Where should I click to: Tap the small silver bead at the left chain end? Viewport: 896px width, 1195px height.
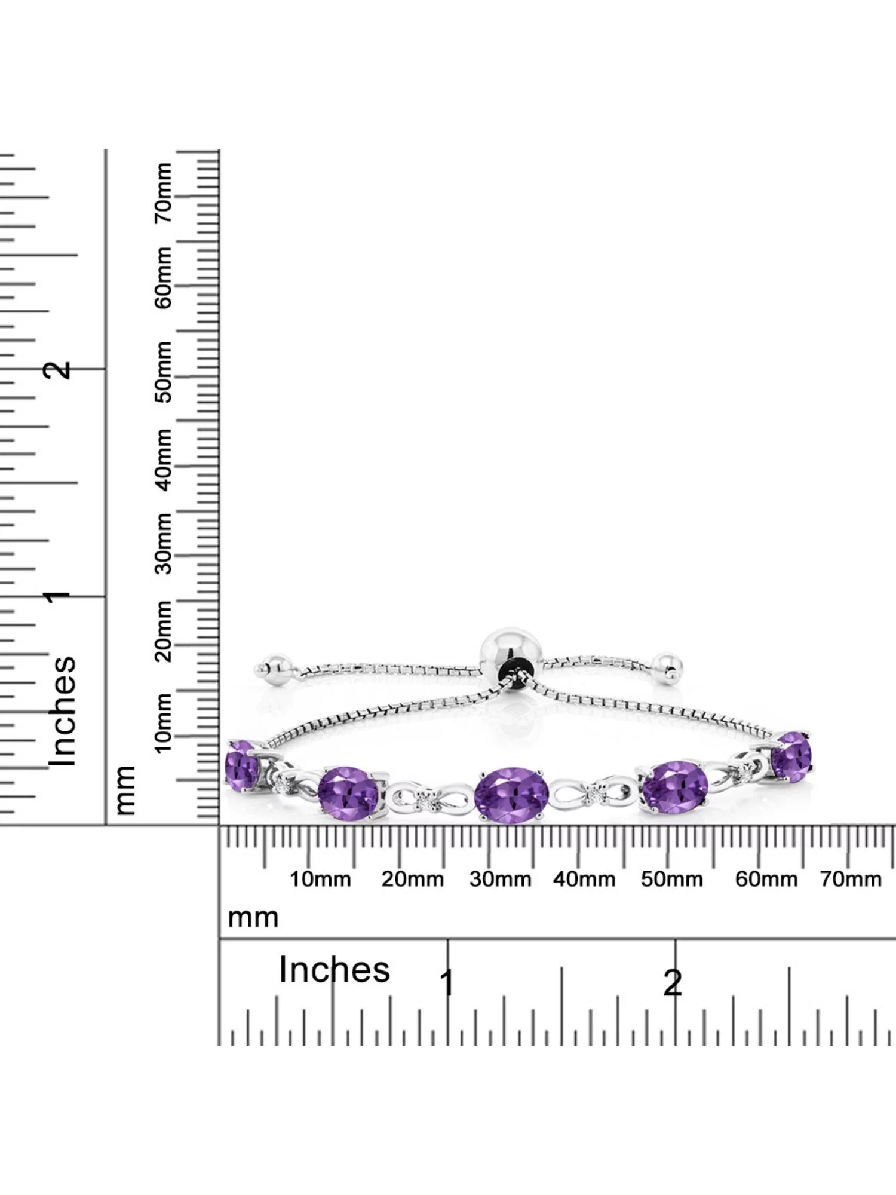pos(277,670)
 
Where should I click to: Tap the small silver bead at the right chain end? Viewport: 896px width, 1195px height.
pos(667,668)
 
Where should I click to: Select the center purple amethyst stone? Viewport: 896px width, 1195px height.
pos(511,795)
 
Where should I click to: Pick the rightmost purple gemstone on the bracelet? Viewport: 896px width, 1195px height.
pos(791,756)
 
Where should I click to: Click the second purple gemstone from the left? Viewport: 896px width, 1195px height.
pos(349,792)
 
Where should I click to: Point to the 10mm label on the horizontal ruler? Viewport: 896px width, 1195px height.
pos(320,880)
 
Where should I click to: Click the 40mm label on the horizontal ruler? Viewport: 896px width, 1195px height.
pos(584,880)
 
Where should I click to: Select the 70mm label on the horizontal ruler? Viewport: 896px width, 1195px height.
pos(851,880)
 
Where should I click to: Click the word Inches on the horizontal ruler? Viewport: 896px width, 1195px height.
pos(335,969)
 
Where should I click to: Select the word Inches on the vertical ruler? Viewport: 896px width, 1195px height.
pos(63,711)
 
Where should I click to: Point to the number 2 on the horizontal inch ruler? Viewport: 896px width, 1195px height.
pos(673,983)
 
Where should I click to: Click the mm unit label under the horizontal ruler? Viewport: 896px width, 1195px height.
pos(253,918)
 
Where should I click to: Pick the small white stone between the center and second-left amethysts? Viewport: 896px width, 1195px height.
pos(425,799)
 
